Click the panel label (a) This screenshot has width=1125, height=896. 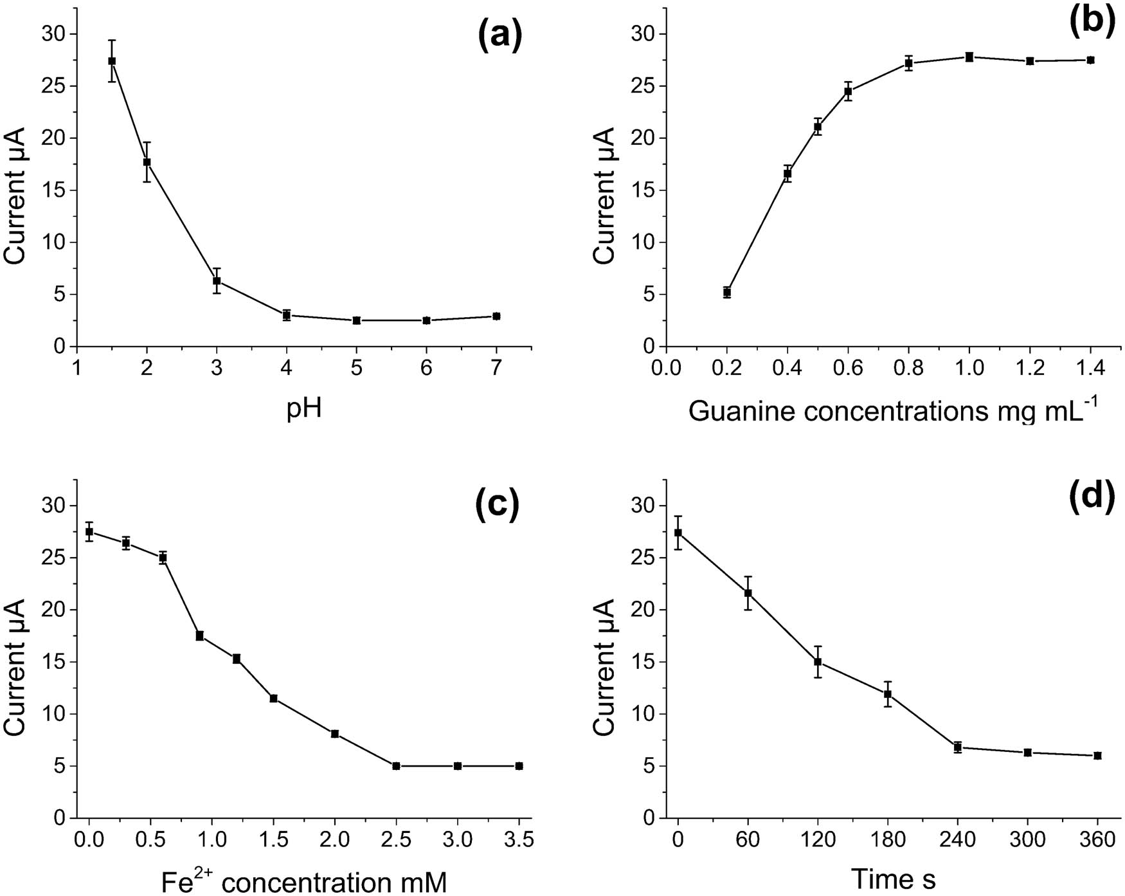click(x=500, y=37)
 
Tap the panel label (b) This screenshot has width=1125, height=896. click(x=1091, y=21)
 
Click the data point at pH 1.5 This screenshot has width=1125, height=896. click(x=112, y=61)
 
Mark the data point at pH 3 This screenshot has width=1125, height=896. click(x=217, y=281)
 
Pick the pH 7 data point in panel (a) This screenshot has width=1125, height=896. click(x=496, y=316)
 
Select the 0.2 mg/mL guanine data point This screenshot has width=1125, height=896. click(x=727, y=292)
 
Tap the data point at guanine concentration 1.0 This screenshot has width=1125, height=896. click(x=969, y=57)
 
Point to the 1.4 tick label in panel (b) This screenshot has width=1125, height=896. click(x=1090, y=369)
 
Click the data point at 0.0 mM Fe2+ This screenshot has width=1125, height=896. click(x=89, y=531)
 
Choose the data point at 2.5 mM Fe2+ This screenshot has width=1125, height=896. click(x=396, y=766)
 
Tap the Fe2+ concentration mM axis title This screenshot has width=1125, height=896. click(x=303, y=881)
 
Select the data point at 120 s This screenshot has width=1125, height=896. click(x=818, y=662)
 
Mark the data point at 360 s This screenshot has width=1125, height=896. click(x=1097, y=756)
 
